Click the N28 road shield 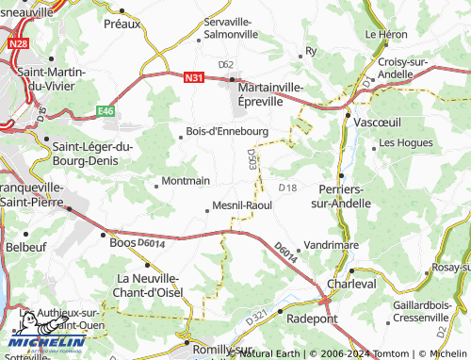(18, 43)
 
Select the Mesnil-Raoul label (243, 204)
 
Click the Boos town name (123, 240)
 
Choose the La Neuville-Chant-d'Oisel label (147, 285)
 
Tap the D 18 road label (287, 188)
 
